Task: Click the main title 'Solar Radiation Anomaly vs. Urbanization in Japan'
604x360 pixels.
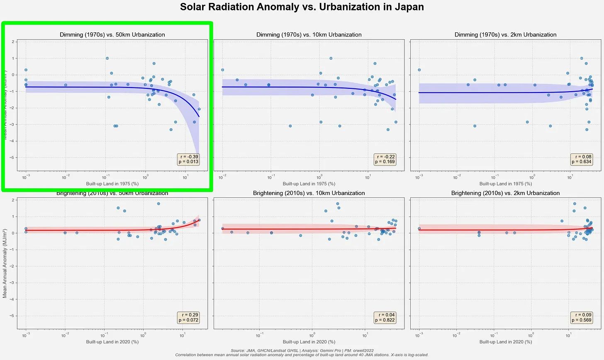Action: pyautogui.click(x=302, y=7)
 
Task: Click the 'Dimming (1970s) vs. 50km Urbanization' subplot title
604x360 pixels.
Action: pyautogui.click(x=112, y=35)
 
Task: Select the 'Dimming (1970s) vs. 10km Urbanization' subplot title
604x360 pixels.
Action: pyautogui.click(x=309, y=35)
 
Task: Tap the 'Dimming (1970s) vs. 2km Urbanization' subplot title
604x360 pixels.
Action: pyautogui.click(x=505, y=35)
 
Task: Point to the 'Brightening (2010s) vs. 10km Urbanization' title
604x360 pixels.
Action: pyautogui.click(x=309, y=193)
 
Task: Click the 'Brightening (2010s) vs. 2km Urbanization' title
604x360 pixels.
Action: pyautogui.click(x=505, y=193)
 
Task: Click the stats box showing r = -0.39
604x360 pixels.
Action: pyautogui.click(x=188, y=159)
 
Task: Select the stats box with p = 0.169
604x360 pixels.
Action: pyautogui.click(x=385, y=159)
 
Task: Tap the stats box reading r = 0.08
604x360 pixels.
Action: pyautogui.click(x=582, y=159)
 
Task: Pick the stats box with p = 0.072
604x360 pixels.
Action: pyautogui.click(x=188, y=318)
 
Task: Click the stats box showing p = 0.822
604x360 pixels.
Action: pyautogui.click(x=385, y=318)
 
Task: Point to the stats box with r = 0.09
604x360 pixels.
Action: pyautogui.click(x=582, y=318)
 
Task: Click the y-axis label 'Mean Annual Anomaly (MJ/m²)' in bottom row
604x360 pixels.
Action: pyautogui.click(x=5, y=263)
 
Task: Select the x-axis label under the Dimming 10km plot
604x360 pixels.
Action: pyautogui.click(x=309, y=184)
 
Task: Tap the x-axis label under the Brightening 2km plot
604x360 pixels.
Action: pyautogui.click(x=505, y=342)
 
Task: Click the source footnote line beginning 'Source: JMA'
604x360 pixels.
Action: pyautogui.click(x=302, y=350)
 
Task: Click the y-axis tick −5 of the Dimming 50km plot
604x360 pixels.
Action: pyautogui.click(x=14, y=158)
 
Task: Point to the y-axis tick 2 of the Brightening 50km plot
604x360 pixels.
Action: pyautogui.click(x=14, y=200)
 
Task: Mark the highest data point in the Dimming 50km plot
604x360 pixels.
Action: pyautogui.click(x=107, y=58)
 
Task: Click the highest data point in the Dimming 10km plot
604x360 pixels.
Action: pyautogui.click(x=331, y=58)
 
